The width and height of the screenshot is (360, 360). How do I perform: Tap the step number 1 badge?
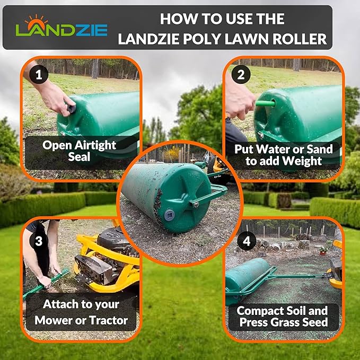(x=36, y=75)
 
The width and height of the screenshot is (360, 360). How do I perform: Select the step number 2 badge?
(x=240, y=75)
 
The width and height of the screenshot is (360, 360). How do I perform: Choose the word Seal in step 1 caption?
(x=79, y=157)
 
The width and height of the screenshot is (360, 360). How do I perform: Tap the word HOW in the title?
(x=179, y=19)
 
